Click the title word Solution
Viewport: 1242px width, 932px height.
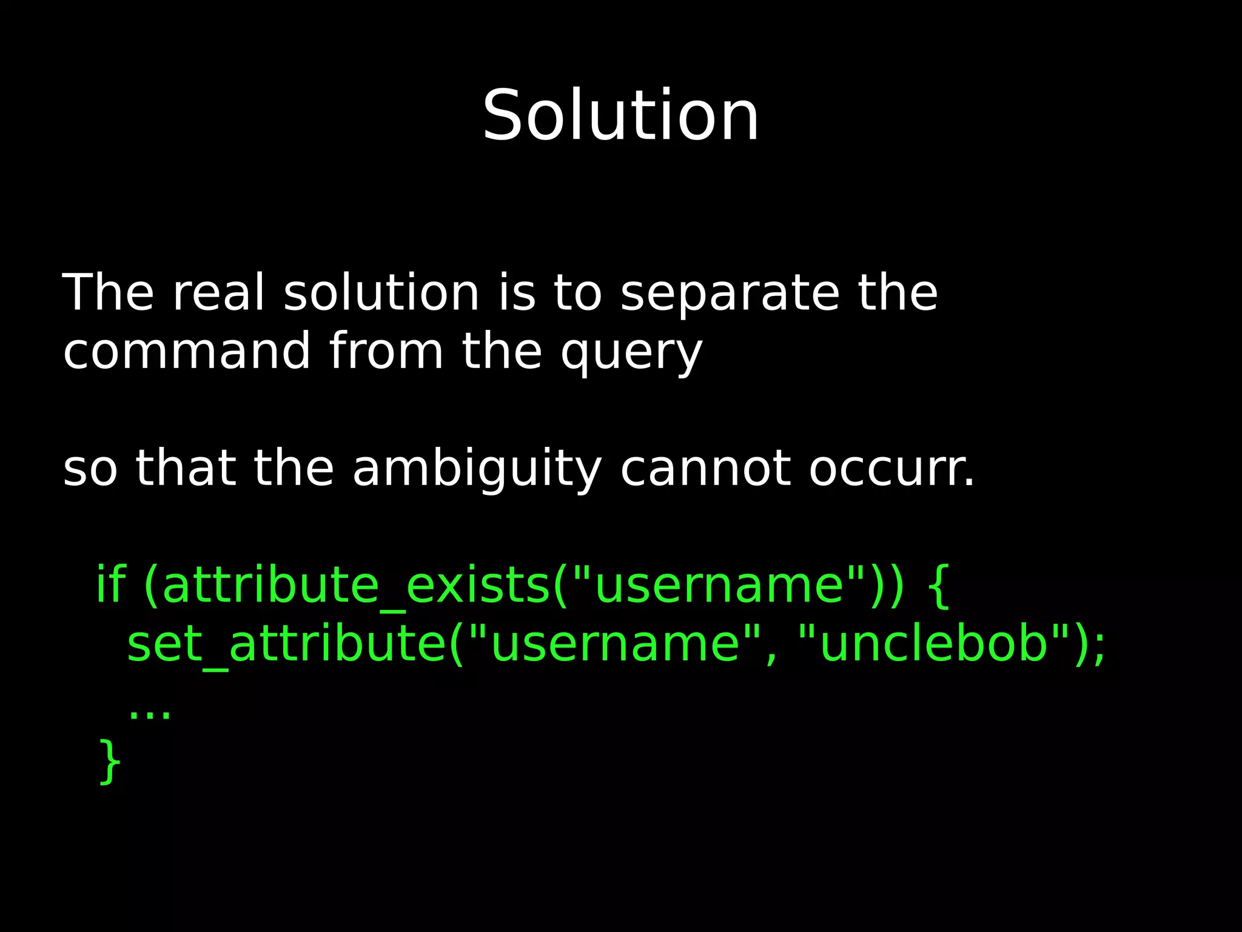[x=620, y=115]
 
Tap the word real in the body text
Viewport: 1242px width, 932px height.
[x=219, y=293]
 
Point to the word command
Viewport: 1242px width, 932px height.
[x=187, y=351]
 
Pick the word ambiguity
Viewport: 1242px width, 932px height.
[x=477, y=469]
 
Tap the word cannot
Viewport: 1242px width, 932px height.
[x=705, y=469]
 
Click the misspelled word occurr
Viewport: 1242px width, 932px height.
[x=891, y=469]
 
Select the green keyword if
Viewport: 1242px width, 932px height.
[x=110, y=584]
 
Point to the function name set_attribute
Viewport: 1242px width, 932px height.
[x=286, y=644]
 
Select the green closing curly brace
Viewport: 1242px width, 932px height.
[x=110, y=762]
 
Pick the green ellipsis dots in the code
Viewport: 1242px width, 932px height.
[x=150, y=715]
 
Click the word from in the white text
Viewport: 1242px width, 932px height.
[x=386, y=351]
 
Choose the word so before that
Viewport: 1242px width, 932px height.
[x=90, y=469]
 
